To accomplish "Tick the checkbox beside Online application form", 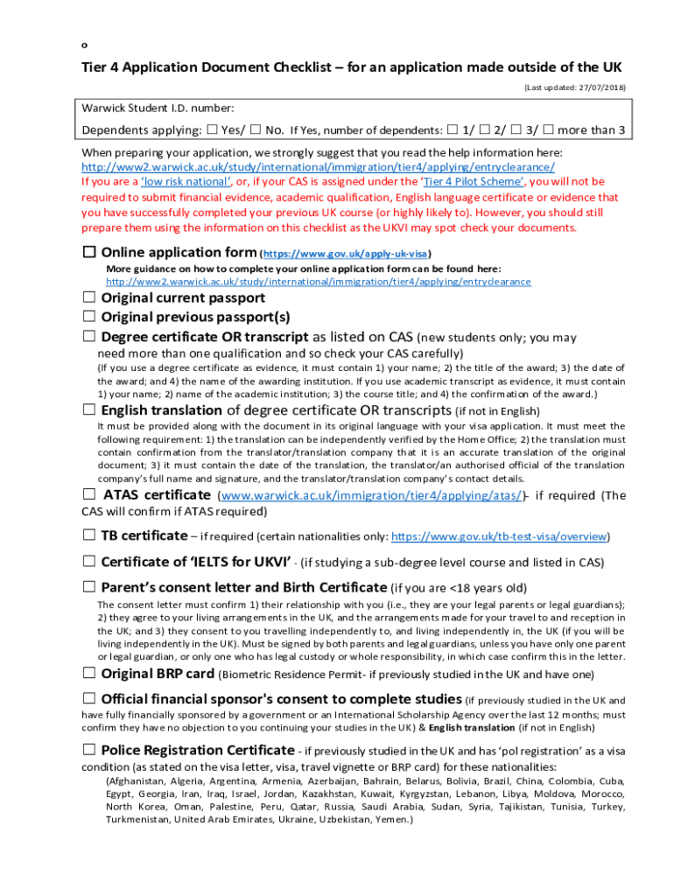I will [x=89, y=253].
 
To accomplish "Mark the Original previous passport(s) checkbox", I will [x=89, y=317].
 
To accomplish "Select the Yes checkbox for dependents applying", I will [x=213, y=131].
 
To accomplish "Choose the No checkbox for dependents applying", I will [x=256, y=131].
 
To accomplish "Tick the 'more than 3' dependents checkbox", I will [x=548, y=131].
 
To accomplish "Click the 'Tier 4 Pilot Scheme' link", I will [x=474, y=182].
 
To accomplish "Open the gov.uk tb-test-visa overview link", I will [x=499, y=536].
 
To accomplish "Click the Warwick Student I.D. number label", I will [x=158, y=108].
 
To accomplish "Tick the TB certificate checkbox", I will [x=89, y=535].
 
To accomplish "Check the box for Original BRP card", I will [x=89, y=674].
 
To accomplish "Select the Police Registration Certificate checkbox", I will [x=89, y=750].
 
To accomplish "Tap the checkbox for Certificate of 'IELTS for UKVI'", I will [x=89, y=561].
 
